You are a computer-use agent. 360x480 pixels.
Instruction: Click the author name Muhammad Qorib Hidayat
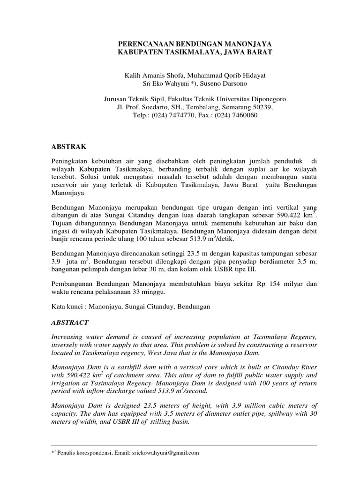point(223,75)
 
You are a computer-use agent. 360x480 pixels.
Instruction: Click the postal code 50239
point(260,107)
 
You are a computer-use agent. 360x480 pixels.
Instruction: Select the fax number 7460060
point(243,115)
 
